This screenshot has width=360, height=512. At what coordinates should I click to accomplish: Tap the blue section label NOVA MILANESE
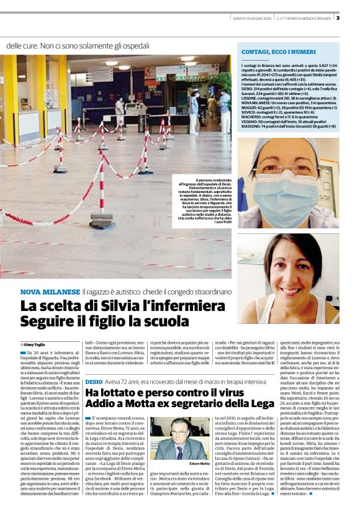(50, 291)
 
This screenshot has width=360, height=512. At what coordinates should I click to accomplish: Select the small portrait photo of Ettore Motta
(171, 438)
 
